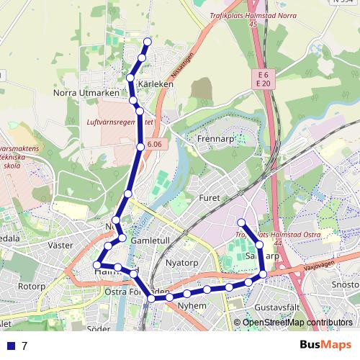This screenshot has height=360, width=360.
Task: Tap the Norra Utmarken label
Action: (x=82, y=93)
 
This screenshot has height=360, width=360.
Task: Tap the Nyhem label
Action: (x=192, y=305)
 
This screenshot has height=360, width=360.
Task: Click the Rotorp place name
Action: (x=32, y=286)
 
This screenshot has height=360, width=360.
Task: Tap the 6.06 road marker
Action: (x=154, y=145)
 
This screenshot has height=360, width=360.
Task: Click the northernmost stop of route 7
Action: (x=148, y=41)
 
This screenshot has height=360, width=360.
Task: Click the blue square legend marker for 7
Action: (x=10, y=346)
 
